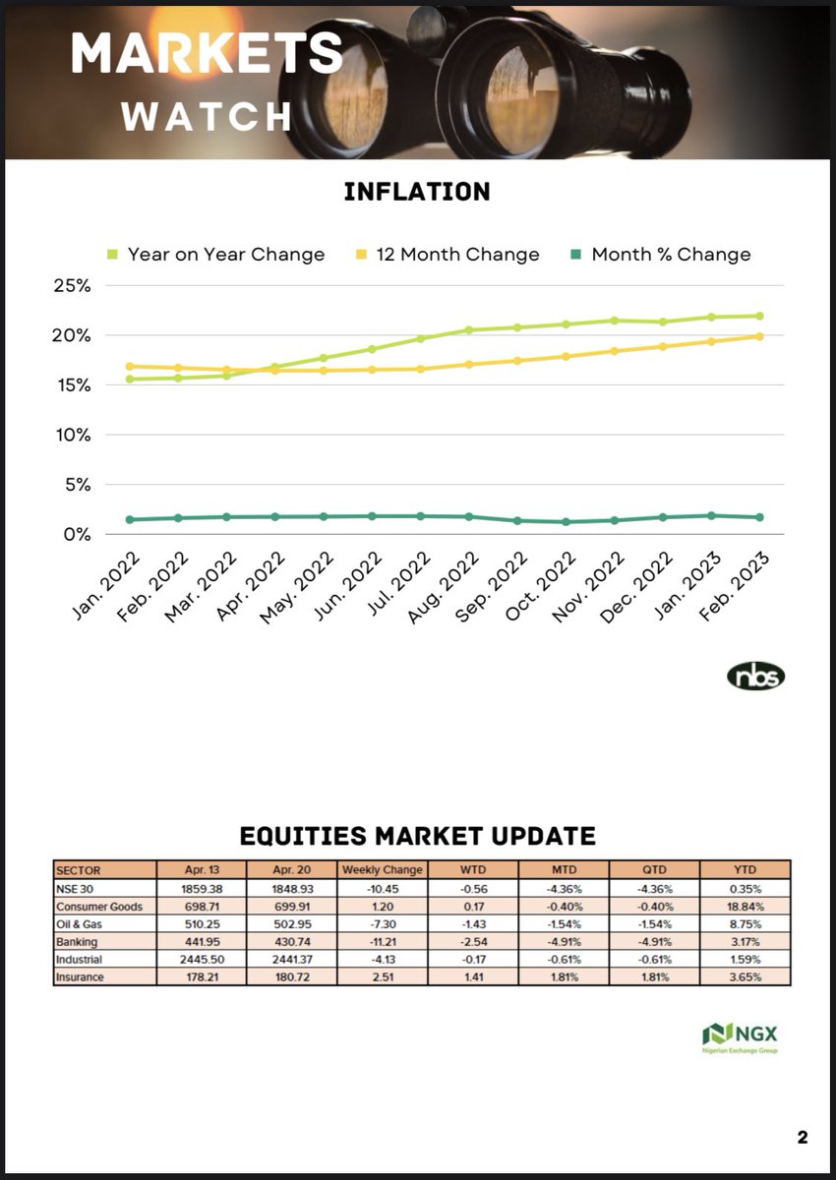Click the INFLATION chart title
pos(417,191)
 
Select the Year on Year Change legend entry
pos(215,255)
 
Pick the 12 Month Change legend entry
pos(447,255)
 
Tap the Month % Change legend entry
pos(660,255)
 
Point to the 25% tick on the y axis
pos(71,286)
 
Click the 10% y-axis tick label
pos(71,435)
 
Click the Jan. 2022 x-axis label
pos(105,584)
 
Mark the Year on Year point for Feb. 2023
pos(760,316)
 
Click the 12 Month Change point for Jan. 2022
pos(130,366)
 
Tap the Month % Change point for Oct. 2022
pos(567,521)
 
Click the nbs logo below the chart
pos(755,677)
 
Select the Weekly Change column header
pos(382,870)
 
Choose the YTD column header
pos(745,870)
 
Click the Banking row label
pos(78,941)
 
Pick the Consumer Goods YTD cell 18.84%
pos(745,906)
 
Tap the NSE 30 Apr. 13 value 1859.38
pos(202,888)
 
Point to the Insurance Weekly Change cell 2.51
pos(382,976)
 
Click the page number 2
pos(803,1138)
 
